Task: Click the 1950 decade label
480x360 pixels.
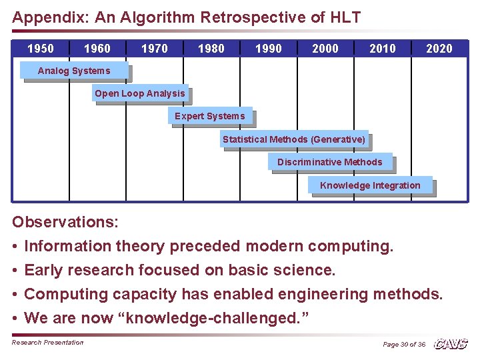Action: [x=40, y=49]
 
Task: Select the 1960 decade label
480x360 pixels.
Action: [x=97, y=49]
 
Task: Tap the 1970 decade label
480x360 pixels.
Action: [x=155, y=49]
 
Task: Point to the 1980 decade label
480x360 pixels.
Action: [x=211, y=49]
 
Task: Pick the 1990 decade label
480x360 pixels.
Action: [x=269, y=49]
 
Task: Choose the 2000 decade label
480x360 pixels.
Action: [x=325, y=49]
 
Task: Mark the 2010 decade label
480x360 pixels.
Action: [x=383, y=49]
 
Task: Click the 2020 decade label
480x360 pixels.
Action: [x=439, y=49]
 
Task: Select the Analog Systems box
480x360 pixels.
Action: [x=74, y=71]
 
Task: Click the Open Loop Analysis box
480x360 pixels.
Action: [x=140, y=93]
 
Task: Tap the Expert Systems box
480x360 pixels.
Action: [x=210, y=116]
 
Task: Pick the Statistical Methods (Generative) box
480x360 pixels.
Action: [x=294, y=139]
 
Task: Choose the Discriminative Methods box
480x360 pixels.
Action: [x=330, y=162]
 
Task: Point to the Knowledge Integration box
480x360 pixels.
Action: [x=370, y=185]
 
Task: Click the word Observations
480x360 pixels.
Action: [x=65, y=222]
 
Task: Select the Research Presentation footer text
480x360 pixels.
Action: [x=48, y=343]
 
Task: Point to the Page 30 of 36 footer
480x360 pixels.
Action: [x=404, y=344]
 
